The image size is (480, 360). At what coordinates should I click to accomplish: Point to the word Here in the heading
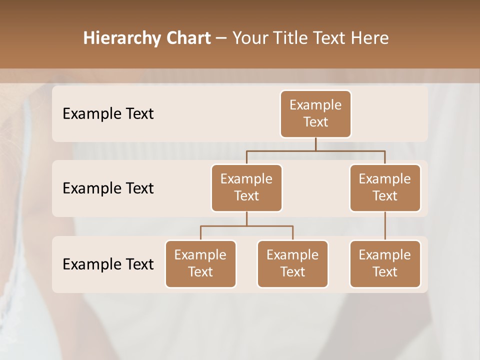(x=369, y=38)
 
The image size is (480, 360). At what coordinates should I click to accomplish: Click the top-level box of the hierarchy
(x=315, y=113)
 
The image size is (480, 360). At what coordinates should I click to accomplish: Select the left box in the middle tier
(x=246, y=187)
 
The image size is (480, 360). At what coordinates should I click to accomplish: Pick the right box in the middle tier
(x=385, y=187)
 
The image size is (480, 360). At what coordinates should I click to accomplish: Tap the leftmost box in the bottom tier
(x=200, y=263)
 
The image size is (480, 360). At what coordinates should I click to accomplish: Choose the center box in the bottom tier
(x=292, y=263)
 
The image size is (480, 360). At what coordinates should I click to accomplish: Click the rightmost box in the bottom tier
(x=385, y=263)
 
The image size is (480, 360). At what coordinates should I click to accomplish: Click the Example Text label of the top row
(x=108, y=114)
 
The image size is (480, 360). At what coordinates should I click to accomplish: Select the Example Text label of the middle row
(x=108, y=188)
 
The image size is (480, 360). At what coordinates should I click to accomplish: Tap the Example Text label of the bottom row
(x=108, y=264)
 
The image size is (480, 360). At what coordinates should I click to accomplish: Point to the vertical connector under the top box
(x=315, y=144)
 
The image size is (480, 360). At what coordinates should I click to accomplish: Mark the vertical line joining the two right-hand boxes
(x=385, y=225)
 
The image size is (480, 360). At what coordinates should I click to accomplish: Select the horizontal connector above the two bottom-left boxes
(x=246, y=226)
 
